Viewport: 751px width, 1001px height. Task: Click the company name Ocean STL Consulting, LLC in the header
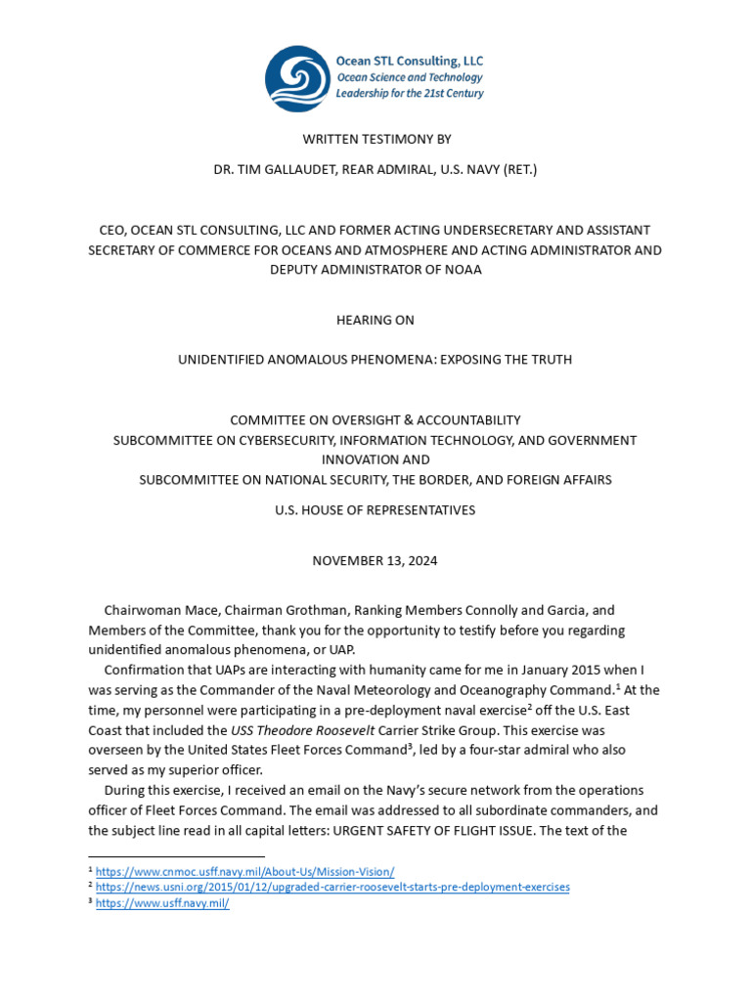[x=409, y=61]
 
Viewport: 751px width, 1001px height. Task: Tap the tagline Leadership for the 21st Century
[x=409, y=94]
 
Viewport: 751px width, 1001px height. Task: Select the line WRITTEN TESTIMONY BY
[x=375, y=140]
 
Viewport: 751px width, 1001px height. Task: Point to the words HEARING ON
[x=375, y=320]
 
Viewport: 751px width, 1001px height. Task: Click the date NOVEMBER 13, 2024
[x=375, y=560]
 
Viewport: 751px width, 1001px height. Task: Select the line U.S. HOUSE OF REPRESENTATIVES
[x=375, y=509]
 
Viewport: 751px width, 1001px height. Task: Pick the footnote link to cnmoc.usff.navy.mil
[x=244, y=871]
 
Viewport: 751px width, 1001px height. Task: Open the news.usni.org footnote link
[x=332, y=887]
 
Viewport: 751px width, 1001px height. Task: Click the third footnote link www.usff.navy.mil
[x=162, y=903]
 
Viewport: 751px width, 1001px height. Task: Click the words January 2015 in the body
[x=560, y=670]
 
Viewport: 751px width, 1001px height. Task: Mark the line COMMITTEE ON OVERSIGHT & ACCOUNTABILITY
[x=375, y=419]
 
